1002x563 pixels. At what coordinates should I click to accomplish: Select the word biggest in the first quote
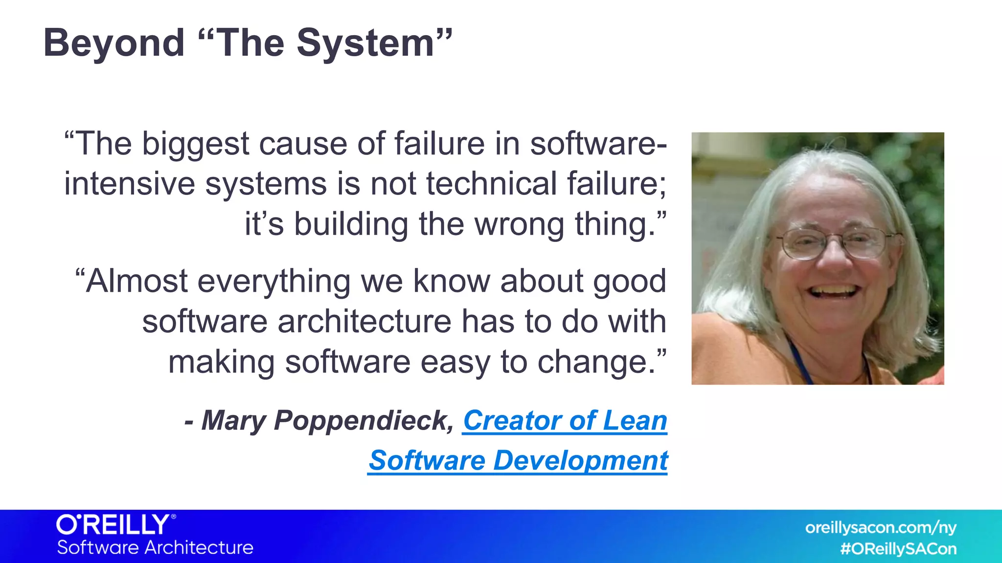click(196, 145)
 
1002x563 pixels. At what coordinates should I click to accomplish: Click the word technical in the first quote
click(491, 184)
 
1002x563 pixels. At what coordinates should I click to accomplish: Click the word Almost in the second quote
click(137, 281)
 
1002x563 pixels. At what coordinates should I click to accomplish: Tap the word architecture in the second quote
click(364, 323)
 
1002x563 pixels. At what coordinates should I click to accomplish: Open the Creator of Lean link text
click(565, 421)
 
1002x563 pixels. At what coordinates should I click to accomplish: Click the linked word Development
click(580, 461)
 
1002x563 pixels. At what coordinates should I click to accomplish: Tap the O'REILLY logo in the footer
click(115, 525)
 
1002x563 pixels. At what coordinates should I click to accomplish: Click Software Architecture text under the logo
click(155, 548)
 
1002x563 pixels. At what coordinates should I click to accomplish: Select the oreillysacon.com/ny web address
click(881, 528)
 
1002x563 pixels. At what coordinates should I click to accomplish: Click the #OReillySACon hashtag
click(898, 549)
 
